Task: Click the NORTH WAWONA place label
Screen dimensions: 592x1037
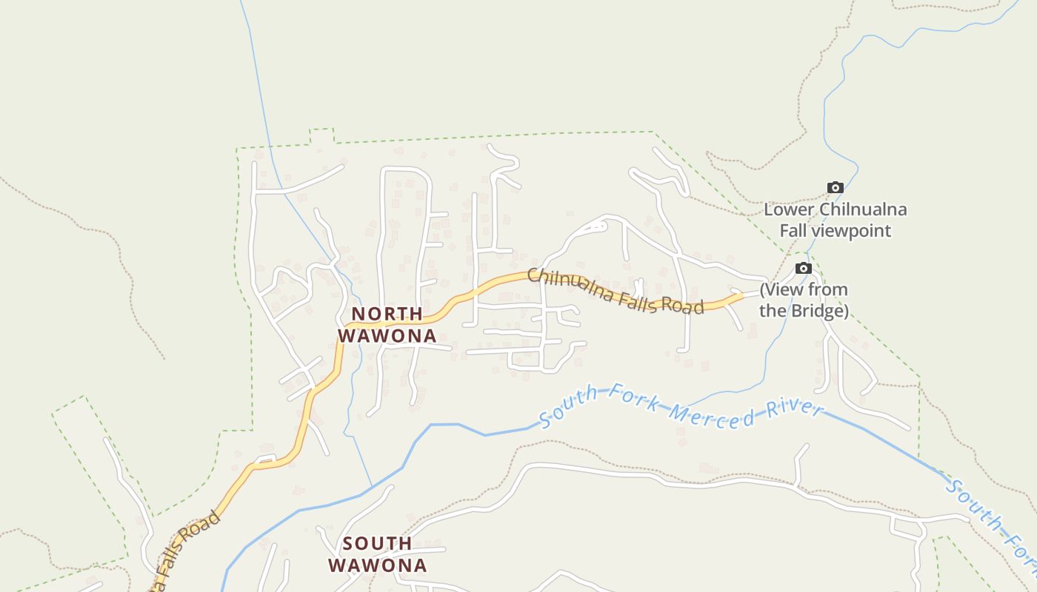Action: [387, 325]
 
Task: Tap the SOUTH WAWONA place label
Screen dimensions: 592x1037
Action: [377, 554]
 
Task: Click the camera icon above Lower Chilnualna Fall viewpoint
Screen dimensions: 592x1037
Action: [835, 187]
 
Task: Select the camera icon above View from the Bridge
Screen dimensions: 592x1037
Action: [804, 268]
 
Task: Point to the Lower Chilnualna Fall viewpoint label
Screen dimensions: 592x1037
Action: [835, 220]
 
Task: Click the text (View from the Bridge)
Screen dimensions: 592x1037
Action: [804, 300]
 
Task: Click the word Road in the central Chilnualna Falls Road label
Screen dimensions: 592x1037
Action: [680, 303]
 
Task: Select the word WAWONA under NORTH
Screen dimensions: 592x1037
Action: [387, 335]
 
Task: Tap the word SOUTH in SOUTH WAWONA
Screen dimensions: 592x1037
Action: [377, 544]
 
